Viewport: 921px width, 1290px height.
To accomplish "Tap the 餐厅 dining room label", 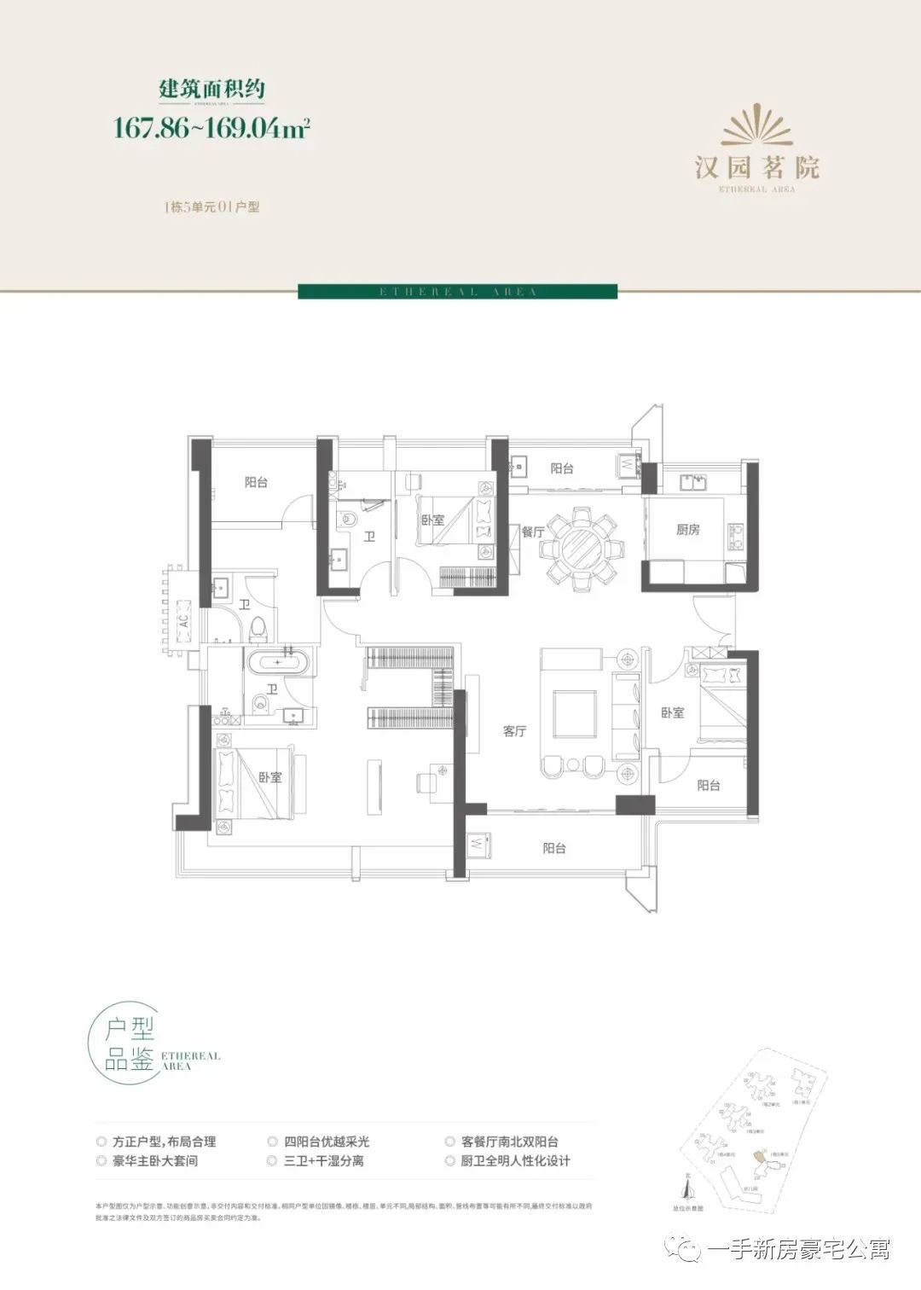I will point(533,532).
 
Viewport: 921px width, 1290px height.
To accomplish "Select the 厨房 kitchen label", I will point(687,530).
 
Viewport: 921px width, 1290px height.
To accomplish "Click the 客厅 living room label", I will point(514,731).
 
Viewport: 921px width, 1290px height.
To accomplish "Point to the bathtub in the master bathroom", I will point(279,662).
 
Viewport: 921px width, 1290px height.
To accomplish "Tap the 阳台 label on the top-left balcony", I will point(256,482).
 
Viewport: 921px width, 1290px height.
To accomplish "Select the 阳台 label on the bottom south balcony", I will point(554,848).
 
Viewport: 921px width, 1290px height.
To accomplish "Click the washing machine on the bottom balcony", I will point(475,844).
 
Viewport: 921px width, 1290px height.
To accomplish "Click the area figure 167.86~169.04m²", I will point(211,128).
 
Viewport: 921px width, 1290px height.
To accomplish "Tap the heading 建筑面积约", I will point(212,88).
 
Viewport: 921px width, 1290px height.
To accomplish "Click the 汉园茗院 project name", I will point(757,166).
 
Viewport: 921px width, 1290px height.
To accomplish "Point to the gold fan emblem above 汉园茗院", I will point(757,126).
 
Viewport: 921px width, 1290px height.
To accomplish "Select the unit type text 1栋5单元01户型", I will point(211,207).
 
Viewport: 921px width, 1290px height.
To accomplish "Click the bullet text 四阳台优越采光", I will point(327,1142).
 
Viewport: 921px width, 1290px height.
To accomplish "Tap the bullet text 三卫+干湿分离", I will point(323,1161).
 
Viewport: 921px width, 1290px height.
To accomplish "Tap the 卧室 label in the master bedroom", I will point(270,777).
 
